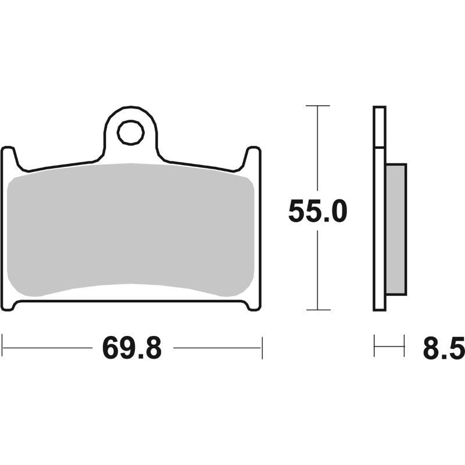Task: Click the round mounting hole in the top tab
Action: (130, 134)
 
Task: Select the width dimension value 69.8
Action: (132, 348)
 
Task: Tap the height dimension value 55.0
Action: (317, 213)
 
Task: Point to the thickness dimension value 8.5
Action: (444, 348)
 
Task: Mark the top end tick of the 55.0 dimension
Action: (317, 106)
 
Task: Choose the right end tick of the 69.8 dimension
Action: (262, 348)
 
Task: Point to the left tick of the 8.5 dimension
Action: (374, 348)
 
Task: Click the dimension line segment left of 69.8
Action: (49, 348)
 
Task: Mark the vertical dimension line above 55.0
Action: (317, 151)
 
